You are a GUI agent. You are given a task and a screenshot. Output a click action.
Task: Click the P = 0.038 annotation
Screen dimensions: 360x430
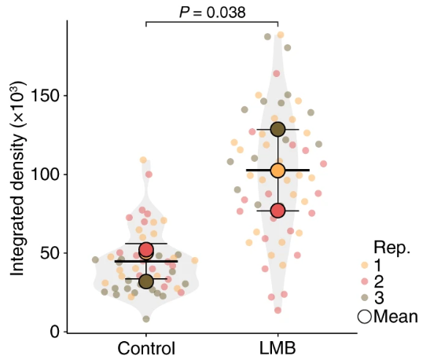(212, 12)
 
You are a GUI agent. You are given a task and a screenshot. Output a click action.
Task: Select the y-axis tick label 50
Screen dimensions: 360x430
(48, 253)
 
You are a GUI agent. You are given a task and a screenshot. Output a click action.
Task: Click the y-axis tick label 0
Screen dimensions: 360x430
(53, 332)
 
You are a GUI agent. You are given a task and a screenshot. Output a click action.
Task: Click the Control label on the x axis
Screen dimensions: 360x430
(146, 348)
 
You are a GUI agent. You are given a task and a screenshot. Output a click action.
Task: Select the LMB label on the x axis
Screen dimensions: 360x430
(277, 348)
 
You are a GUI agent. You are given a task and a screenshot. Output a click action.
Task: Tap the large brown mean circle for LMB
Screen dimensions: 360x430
(277, 129)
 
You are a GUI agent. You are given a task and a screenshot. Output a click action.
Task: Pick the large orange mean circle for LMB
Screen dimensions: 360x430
(277, 171)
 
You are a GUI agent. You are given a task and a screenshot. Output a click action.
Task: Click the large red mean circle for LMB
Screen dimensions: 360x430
(277, 211)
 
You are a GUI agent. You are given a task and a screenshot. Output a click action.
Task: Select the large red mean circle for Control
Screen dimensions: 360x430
(146, 250)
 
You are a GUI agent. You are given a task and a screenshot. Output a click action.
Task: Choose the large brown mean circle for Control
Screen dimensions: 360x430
(146, 281)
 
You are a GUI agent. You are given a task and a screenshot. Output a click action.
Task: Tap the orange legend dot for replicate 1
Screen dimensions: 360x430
(364, 266)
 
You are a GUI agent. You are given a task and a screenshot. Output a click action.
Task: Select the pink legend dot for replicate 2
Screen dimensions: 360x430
(364, 282)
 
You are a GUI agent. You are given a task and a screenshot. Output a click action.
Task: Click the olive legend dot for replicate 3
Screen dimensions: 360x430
(364, 299)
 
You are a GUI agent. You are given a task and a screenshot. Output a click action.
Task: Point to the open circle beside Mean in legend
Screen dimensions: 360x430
(364, 316)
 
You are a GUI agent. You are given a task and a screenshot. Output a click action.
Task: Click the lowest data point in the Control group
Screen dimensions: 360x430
(146, 318)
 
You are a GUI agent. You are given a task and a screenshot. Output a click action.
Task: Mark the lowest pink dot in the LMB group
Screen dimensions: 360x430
(277, 310)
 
